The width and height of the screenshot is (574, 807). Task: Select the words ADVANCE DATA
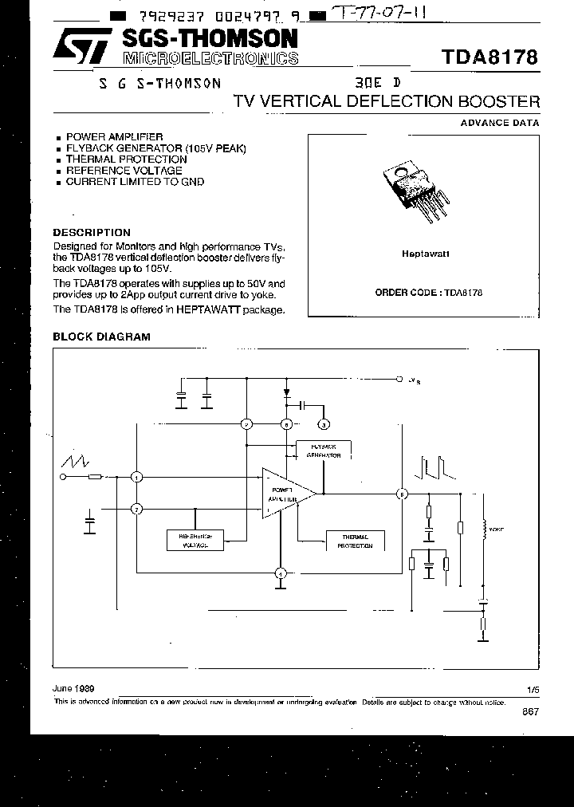pyautogui.click(x=500, y=123)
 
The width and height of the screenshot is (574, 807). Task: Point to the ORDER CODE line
pyautogui.click(x=428, y=293)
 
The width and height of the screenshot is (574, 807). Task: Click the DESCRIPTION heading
pyautogui.click(x=91, y=233)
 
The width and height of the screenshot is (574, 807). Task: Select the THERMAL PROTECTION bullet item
pyautogui.click(x=116, y=159)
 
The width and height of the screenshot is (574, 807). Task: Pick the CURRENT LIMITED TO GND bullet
pyautogui.click(x=135, y=182)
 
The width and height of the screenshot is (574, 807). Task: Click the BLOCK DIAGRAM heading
pyautogui.click(x=101, y=337)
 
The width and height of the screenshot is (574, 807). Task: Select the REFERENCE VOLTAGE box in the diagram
pyautogui.click(x=195, y=540)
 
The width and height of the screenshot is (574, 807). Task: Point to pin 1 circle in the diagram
pyautogui.click(x=137, y=477)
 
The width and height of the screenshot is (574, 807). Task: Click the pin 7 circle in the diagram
pyautogui.click(x=137, y=508)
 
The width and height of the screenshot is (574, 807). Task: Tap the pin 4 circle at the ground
pyautogui.click(x=280, y=573)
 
